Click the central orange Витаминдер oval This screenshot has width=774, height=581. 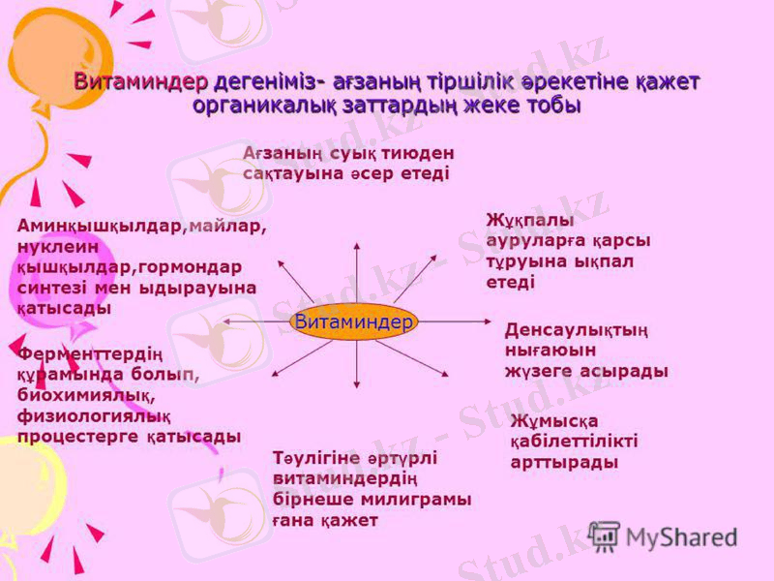[x=353, y=321]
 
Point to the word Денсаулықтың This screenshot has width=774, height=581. [x=577, y=329]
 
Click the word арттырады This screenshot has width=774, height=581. [x=564, y=462]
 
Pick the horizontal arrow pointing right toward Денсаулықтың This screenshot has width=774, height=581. [x=455, y=321]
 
